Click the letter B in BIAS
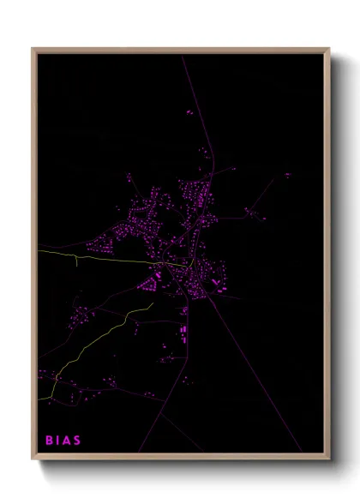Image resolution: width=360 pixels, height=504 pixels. point(49,441)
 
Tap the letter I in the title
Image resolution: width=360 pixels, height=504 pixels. point(58,441)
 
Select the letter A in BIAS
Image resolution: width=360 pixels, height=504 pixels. point(67,441)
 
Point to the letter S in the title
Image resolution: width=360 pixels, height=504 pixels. point(77,441)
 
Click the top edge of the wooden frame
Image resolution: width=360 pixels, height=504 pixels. point(180,50)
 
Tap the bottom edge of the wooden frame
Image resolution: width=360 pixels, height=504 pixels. point(180,456)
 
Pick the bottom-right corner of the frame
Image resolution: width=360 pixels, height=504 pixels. point(327,456)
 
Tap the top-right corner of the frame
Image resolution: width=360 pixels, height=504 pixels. point(327,50)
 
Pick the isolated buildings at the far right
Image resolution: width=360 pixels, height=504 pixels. point(287,175)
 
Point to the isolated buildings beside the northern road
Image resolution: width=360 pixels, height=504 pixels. point(189,111)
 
